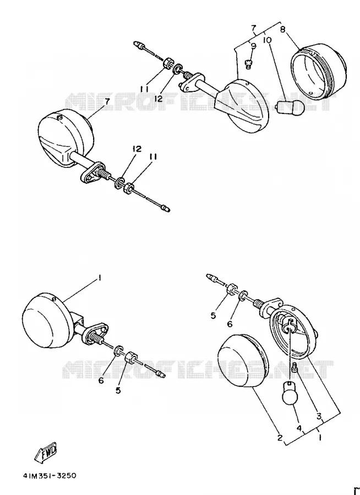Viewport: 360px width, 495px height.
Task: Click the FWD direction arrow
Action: [x=45, y=453]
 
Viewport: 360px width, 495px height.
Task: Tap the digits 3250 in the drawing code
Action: [x=66, y=475]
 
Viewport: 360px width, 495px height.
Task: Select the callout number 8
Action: [x=283, y=29]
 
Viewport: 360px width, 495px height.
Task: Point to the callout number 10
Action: [x=267, y=40]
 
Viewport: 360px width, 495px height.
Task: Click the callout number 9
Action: [x=253, y=46]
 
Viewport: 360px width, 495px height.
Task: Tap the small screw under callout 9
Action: [x=248, y=65]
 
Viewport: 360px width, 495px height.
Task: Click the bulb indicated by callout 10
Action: [x=291, y=107]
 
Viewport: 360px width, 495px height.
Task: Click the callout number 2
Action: [x=280, y=438]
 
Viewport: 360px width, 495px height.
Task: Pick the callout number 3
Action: [x=319, y=416]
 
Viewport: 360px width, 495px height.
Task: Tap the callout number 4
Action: [x=299, y=428]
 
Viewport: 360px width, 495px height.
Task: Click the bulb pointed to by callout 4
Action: [x=289, y=393]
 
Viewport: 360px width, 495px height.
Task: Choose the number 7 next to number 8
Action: [x=253, y=29]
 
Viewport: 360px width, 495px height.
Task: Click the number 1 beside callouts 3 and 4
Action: [x=320, y=438]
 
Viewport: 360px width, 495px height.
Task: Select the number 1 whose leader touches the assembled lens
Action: [x=100, y=278]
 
